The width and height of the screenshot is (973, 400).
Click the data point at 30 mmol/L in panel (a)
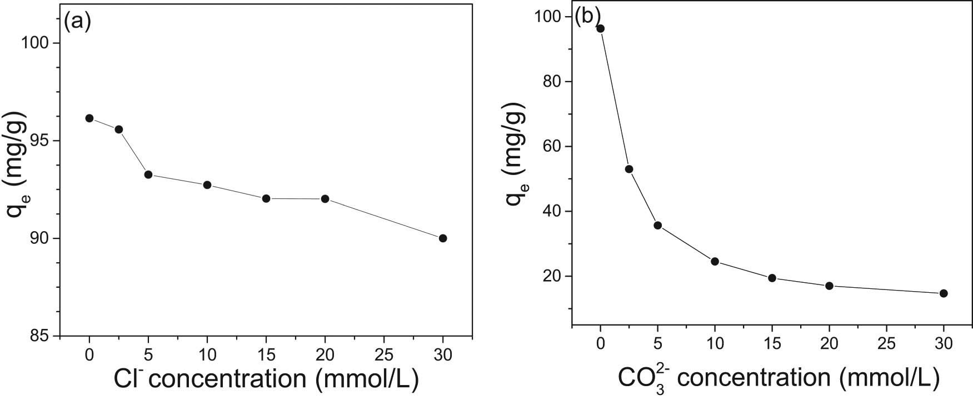[443, 238]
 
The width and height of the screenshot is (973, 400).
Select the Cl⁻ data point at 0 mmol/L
[89, 118]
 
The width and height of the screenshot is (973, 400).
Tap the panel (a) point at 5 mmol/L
[148, 174]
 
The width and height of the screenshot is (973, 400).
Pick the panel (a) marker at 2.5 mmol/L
[118, 129]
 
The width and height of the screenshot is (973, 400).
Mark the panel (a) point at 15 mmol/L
[266, 198]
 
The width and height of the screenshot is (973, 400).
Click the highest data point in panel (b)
[600, 28]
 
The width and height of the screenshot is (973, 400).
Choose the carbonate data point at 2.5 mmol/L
[629, 169]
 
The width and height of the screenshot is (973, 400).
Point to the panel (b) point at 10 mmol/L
[715, 262]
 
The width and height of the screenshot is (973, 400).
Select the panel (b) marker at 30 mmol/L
[944, 293]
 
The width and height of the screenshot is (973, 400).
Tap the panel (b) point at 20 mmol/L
[829, 286]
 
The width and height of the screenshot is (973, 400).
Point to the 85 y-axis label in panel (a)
[39, 336]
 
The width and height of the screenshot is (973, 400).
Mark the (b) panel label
[588, 17]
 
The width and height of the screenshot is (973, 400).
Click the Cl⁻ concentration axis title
[266, 379]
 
